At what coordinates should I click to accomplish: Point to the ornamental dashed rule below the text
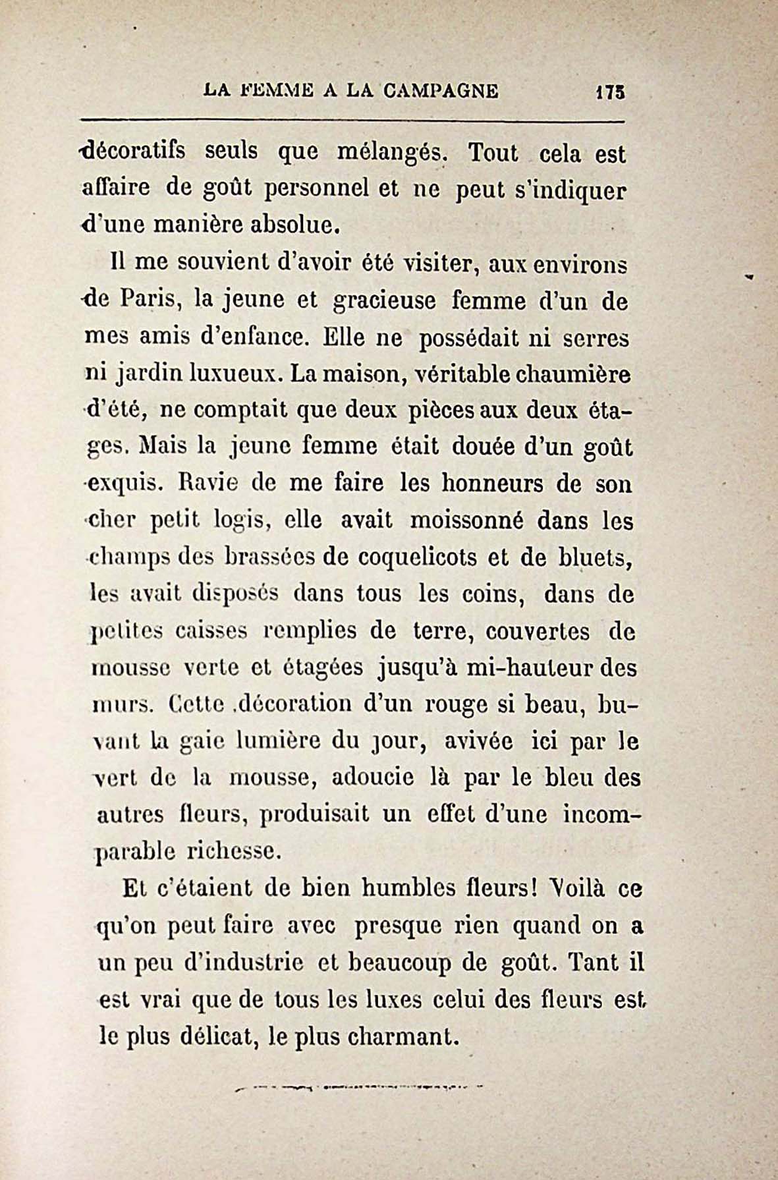coord(360,1086)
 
